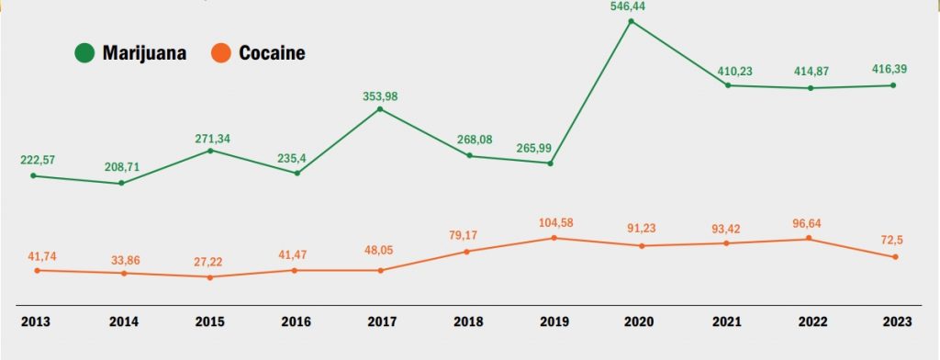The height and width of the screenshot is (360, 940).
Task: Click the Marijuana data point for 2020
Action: [631, 20]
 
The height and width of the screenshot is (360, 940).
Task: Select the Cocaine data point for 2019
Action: [554, 238]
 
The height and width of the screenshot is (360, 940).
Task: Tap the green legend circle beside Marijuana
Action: [85, 53]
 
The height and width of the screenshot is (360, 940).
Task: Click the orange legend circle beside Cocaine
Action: [221, 53]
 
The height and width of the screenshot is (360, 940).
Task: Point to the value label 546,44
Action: [631, 6]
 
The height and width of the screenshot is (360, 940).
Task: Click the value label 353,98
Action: [381, 96]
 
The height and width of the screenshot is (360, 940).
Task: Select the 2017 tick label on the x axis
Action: [382, 322]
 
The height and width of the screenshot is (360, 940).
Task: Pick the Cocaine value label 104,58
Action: [554, 223]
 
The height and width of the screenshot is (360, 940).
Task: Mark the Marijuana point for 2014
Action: [121, 184]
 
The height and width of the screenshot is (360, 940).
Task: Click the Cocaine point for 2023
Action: [895, 257]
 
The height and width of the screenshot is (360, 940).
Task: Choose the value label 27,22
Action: [210, 262]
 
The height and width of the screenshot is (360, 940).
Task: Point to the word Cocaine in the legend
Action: [272, 53]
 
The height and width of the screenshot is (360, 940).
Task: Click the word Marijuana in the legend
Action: [144, 53]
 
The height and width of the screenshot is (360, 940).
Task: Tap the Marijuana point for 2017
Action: [381, 109]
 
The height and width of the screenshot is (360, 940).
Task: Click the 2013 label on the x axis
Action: [35, 322]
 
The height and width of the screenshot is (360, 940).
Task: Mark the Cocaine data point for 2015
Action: [210, 277]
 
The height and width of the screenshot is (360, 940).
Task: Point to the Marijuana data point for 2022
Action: [810, 88]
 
